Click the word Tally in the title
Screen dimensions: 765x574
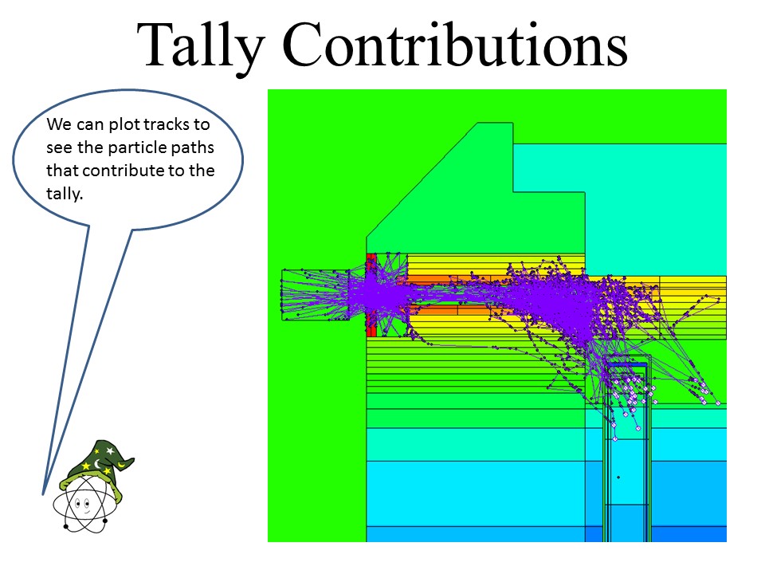(201, 47)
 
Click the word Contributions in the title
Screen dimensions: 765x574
(455, 44)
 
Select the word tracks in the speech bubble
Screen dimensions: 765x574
(167, 124)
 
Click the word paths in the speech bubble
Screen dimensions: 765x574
(193, 148)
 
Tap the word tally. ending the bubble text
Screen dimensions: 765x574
(65, 194)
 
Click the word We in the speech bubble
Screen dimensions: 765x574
(59, 124)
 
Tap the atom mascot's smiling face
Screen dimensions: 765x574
(83, 505)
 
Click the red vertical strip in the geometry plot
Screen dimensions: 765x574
(371, 295)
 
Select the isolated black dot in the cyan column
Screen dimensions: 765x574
(618, 477)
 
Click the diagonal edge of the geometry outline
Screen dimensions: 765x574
(422, 180)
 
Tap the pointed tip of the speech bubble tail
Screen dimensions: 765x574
(44, 494)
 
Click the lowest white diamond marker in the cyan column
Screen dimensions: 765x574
(614, 438)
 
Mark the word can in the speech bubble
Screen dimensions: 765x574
(90, 125)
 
